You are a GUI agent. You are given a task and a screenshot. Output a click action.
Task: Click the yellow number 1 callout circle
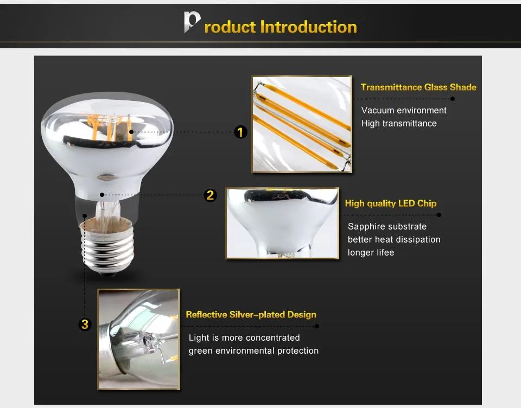click(x=240, y=132)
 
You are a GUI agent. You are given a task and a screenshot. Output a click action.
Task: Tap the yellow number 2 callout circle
click(x=211, y=195)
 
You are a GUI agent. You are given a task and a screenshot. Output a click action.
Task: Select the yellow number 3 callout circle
click(x=85, y=324)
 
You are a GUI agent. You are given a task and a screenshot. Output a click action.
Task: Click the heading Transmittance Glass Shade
click(x=418, y=87)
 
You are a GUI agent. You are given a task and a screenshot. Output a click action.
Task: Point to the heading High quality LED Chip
click(x=391, y=203)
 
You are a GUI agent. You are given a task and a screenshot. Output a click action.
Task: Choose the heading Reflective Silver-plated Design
click(x=251, y=315)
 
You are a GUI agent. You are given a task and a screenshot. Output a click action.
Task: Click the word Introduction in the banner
click(x=309, y=27)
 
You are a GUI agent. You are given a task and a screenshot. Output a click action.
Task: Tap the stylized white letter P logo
click(x=192, y=22)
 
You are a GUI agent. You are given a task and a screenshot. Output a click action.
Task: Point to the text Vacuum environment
click(x=404, y=110)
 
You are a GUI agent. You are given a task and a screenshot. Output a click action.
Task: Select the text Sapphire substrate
click(x=387, y=227)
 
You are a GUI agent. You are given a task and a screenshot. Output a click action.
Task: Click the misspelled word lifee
click(x=385, y=252)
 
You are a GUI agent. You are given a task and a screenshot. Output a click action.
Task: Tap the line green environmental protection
click(x=253, y=351)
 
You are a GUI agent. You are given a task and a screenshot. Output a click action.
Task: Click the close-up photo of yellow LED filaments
click(x=302, y=124)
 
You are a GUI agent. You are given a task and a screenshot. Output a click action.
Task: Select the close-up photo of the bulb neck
click(x=282, y=224)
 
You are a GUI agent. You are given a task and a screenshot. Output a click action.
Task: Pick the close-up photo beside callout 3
click(x=138, y=339)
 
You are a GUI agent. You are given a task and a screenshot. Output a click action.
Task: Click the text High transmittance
click(x=399, y=123)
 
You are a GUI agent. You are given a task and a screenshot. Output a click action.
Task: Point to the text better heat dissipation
click(x=394, y=240)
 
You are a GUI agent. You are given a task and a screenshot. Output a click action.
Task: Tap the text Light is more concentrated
click(x=244, y=337)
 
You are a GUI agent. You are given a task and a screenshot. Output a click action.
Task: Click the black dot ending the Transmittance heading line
click(x=453, y=99)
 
